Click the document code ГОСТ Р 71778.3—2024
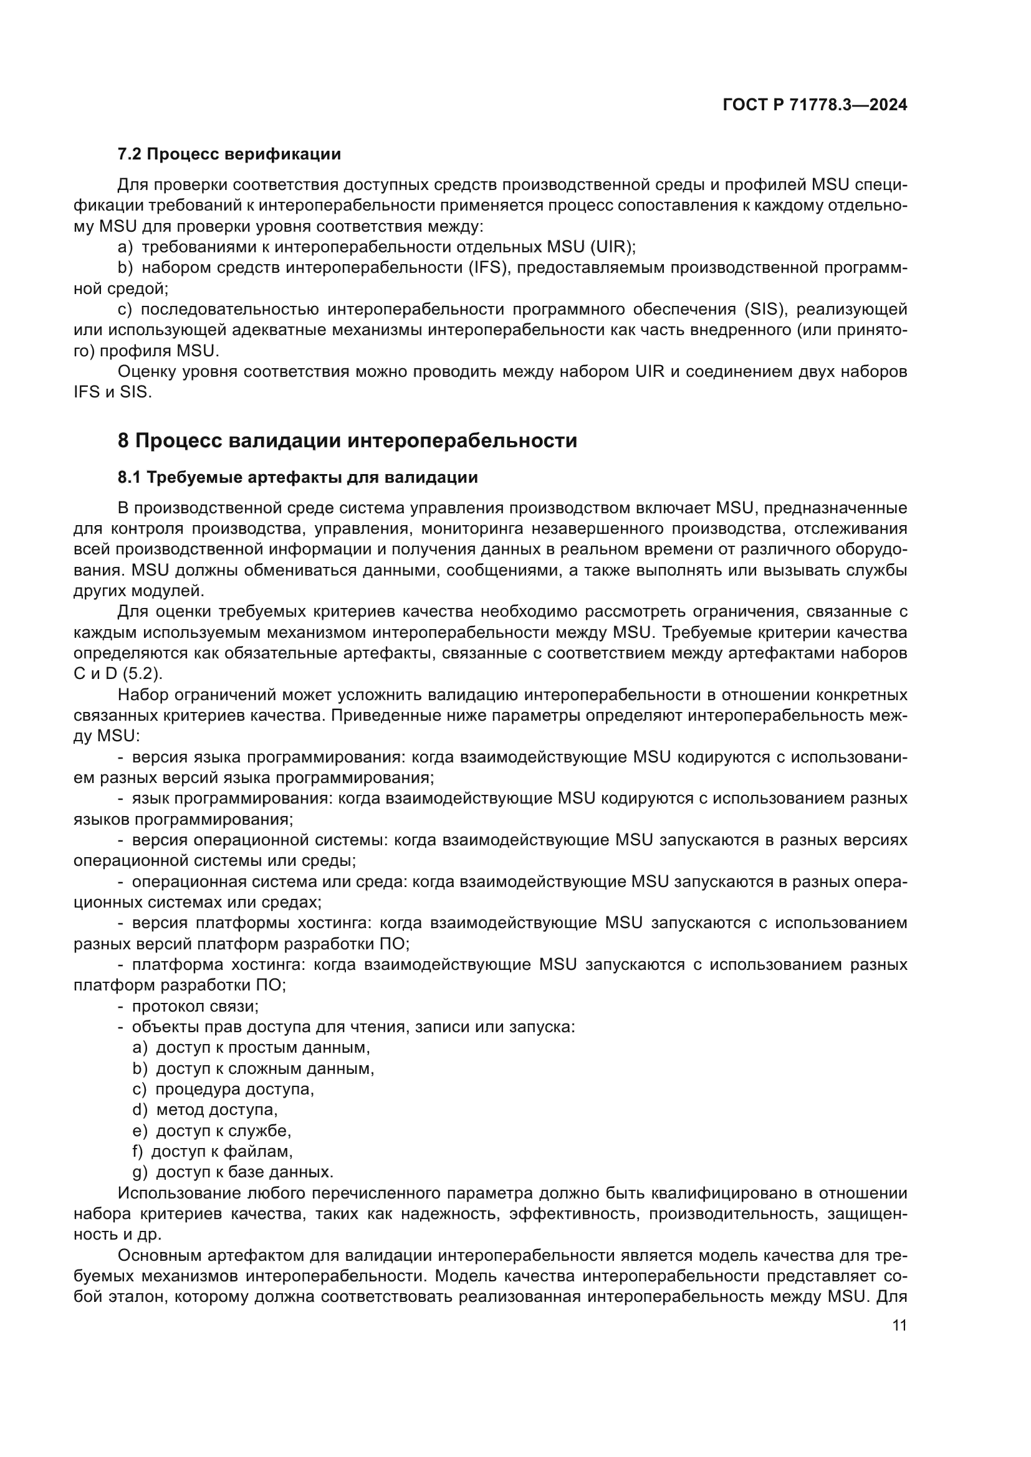tap(815, 105)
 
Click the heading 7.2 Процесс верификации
tap(229, 154)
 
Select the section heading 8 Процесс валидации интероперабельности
tap(347, 440)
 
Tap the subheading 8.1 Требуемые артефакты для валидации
tap(298, 477)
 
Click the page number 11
tap(899, 1326)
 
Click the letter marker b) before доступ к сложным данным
tap(140, 1069)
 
